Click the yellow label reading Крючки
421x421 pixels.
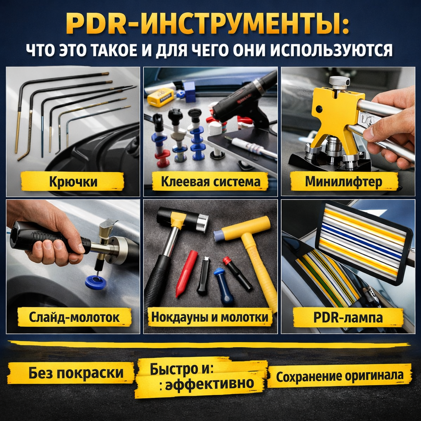(x=73, y=181)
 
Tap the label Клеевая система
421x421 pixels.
(x=210, y=181)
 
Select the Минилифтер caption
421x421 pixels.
(x=343, y=181)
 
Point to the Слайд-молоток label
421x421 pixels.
(x=74, y=317)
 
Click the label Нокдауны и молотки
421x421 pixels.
(x=210, y=317)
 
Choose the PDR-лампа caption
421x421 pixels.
(x=348, y=317)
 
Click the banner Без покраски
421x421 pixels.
(x=71, y=373)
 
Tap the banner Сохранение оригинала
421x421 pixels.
(x=340, y=376)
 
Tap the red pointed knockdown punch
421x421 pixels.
(x=186, y=273)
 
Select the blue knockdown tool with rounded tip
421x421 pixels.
(x=223, y=286)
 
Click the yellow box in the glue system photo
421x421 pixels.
(x=161, y=97)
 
